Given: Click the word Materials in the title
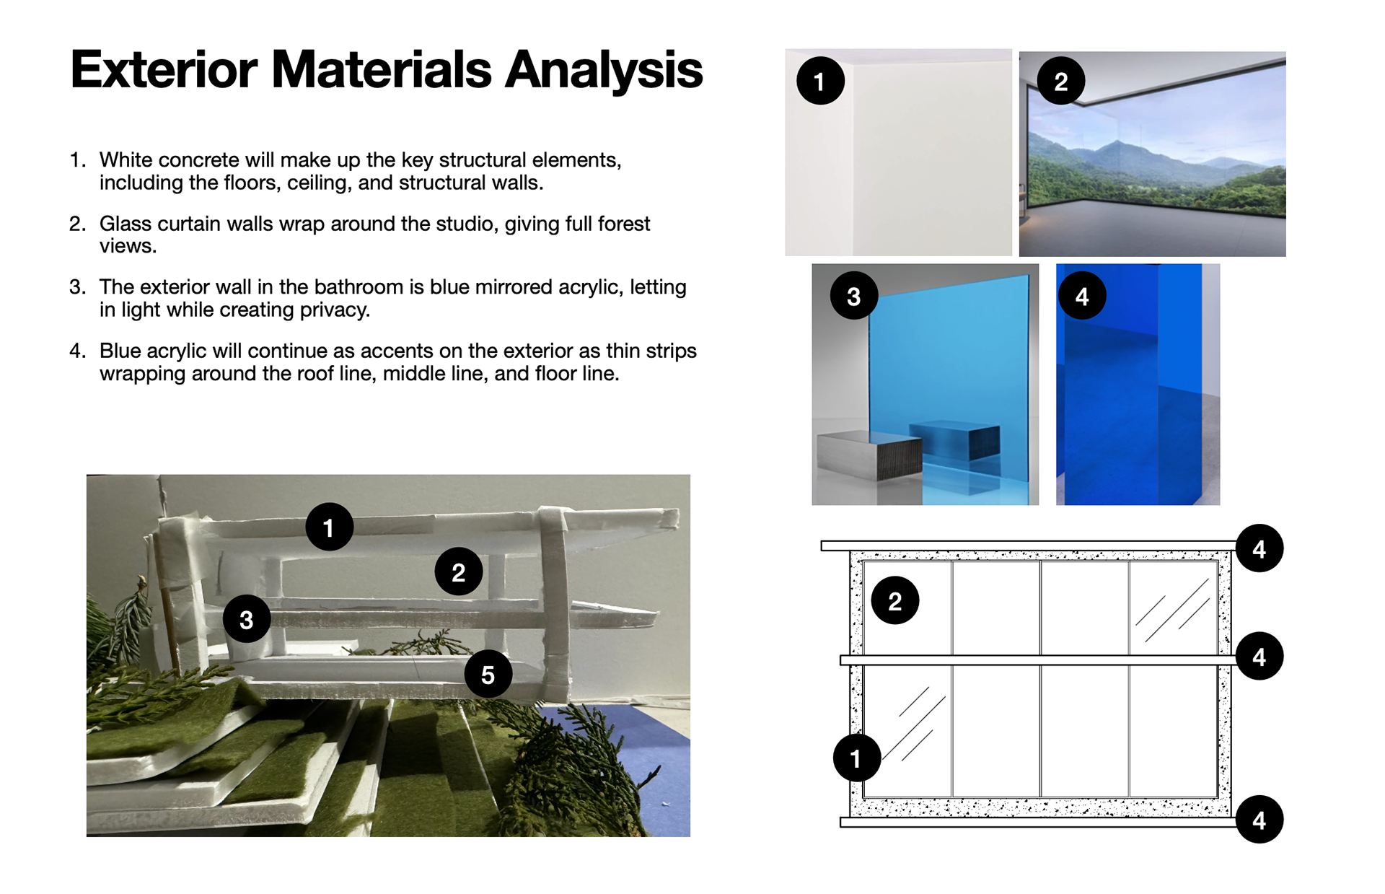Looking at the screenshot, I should click(x=380, y=70).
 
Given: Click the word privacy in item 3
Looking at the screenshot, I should click(x=334, y=310).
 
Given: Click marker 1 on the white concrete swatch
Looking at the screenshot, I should click(x=820, y=81).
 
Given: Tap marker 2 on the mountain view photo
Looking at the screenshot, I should click(x=1060, y=81).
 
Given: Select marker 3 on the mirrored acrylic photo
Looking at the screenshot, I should click(x=853, y=296).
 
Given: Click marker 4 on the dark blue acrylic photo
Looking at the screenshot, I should click(x=1081, y=296).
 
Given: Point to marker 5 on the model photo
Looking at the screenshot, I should click(x=488, y=675).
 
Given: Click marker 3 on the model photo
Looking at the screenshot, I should click(x=247, y=619).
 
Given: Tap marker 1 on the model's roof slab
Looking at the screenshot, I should click(x=329, y=527).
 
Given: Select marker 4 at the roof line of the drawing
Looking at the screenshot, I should click(x=1259, y=548).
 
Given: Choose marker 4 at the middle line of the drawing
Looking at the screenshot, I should click(x=1259, y=657).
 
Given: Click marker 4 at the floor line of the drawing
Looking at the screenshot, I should click(x=1259, y=820).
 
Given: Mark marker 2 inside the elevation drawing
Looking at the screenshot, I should click(x=894, y=600).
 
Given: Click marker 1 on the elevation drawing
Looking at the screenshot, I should click(x=856, y=758).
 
